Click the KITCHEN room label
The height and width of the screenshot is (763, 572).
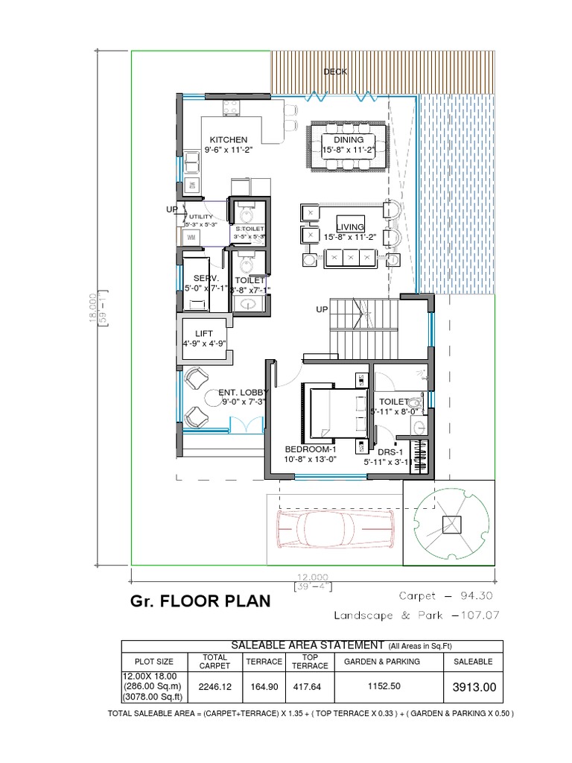click(228, 139)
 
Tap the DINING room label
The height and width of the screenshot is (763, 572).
click(349, 139)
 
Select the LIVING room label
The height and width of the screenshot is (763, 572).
click(350, 227)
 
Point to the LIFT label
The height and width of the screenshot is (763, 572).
click(204, 333)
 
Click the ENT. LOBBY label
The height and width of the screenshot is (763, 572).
click(242, 392)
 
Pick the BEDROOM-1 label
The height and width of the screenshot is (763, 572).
click(311, 449)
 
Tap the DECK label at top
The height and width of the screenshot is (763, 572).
click(335, 72)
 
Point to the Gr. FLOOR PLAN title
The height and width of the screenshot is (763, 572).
click(200, 601)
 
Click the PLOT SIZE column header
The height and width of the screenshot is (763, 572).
click(154, 662)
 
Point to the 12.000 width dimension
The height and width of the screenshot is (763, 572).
click(313, 577)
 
